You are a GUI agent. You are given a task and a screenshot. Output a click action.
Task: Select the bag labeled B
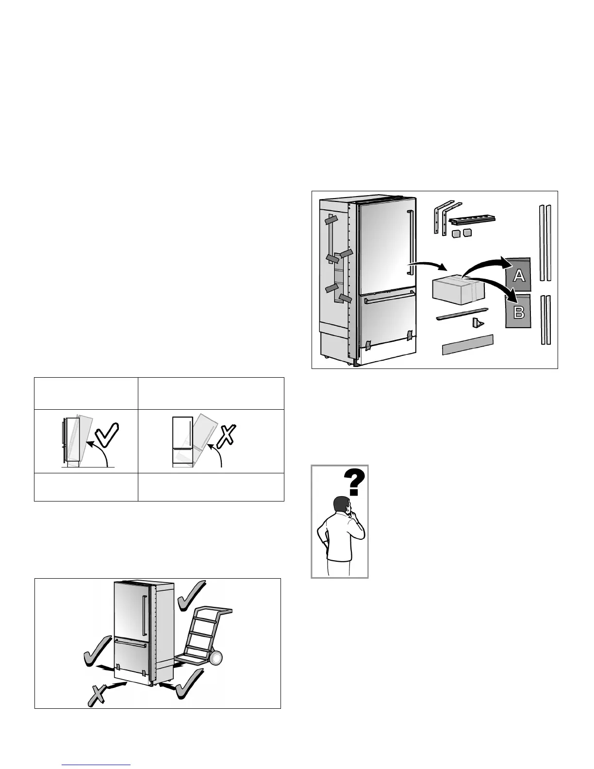[x=518, y=312]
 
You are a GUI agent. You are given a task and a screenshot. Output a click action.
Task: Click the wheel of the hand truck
[x=215, y=658]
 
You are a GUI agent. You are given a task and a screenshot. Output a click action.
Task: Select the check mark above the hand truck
[x=192, y=596]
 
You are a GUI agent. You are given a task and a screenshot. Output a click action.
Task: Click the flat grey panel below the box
[x=467, y=345]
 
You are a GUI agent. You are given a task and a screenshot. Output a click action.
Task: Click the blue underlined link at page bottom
[x=97, y=765]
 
